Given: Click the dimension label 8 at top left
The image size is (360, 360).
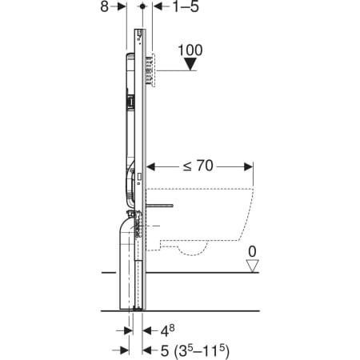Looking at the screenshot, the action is [104, 6].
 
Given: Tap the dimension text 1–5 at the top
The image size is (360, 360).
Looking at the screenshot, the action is [186, 6].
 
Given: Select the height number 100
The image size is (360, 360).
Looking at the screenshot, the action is [190, 50].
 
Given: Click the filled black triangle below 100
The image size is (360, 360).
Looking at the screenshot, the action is [190, 65].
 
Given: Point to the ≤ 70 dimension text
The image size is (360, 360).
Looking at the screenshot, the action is [198, 166].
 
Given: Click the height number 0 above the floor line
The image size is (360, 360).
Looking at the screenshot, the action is [252, 251].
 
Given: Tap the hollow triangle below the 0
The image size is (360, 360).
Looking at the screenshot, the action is [252, 266].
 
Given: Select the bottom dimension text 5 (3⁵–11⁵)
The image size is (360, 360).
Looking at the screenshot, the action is [194, 350].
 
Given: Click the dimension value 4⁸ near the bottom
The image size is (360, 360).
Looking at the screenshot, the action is [167, 331].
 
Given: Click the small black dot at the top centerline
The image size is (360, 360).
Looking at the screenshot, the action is [142, 6].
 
